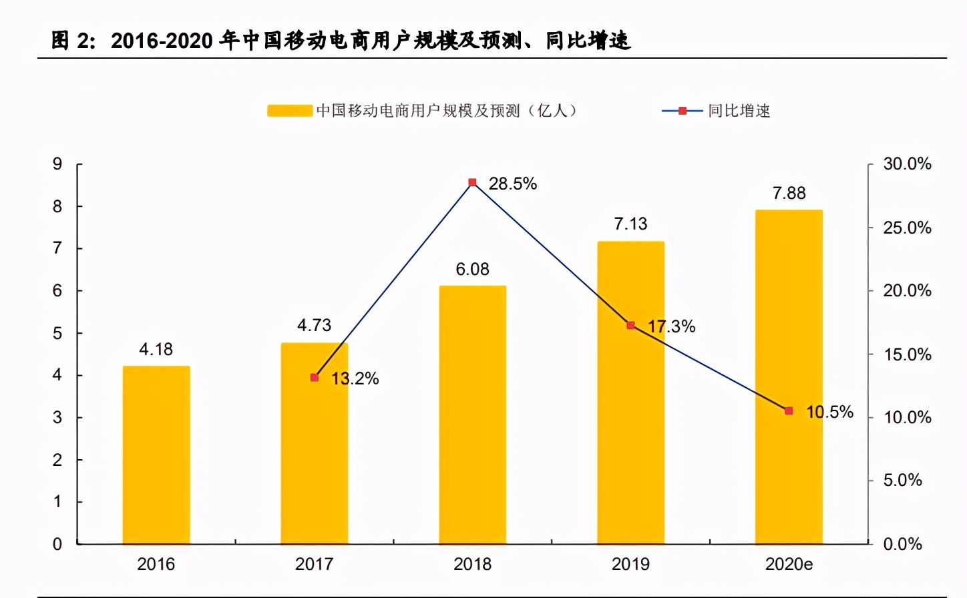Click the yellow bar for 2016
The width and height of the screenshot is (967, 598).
(x=156, y=455)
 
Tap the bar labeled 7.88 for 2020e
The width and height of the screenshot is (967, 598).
(x=789, y=377)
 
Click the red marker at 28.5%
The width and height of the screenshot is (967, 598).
(x=472, y=182)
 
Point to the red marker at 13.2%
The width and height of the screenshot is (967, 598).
(x=315, y=378)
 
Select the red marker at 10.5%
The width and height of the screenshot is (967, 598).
(x=789, y=411)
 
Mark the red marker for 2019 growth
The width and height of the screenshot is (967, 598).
(x=630, y=326)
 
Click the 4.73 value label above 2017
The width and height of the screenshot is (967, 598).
(x=314, y=325)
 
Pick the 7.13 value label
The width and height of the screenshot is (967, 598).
(x=630, y=224)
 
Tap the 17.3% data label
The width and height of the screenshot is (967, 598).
(x=672, y=326)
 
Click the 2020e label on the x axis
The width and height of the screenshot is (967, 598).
(x=789, y=564)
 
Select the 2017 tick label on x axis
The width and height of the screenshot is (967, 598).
(x=314, y=564)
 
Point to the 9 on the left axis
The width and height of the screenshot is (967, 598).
(x=57, y=164)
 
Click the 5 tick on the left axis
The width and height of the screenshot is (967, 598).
(x=57, y=333)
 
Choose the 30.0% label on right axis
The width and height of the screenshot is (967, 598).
(x=907, y=164)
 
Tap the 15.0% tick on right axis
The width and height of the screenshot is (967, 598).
(x=907, y=354)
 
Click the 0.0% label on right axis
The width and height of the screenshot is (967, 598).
(x=902, y=544)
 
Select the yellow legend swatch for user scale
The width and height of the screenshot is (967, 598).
(x=290, y=111)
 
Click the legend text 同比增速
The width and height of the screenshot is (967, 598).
(x=739, y=111)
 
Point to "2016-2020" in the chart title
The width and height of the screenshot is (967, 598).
(x=162, y=41)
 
